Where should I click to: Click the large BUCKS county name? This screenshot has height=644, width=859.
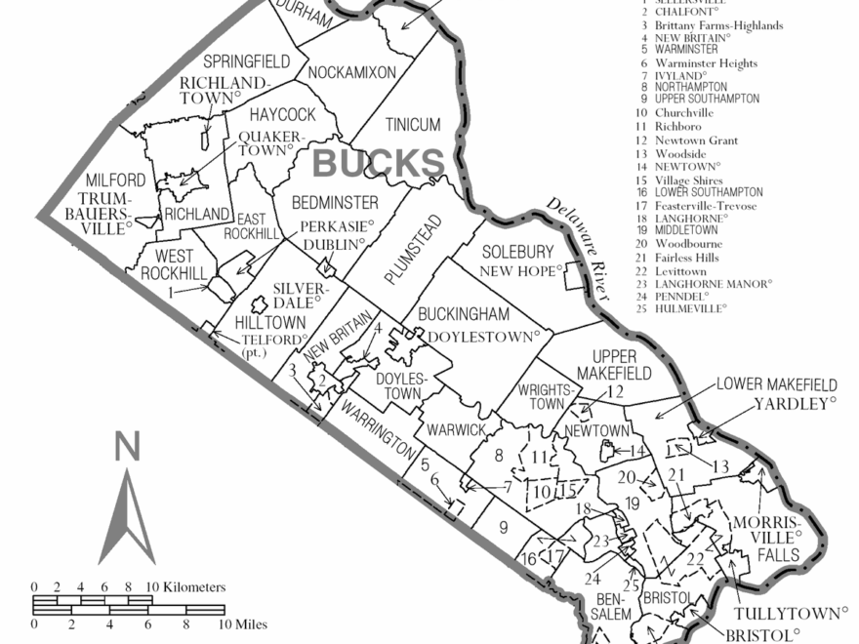click(x=378, y=163)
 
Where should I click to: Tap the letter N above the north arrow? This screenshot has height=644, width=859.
click(x=127, y=448)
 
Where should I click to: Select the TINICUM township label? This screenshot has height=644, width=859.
click(x=412, y=125)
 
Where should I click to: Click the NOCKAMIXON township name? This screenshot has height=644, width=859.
click(x=351, y=72)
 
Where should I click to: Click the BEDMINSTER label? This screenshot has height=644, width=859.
click(x=336, y=203)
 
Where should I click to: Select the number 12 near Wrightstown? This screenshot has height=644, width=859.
click(x=615, y=392)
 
